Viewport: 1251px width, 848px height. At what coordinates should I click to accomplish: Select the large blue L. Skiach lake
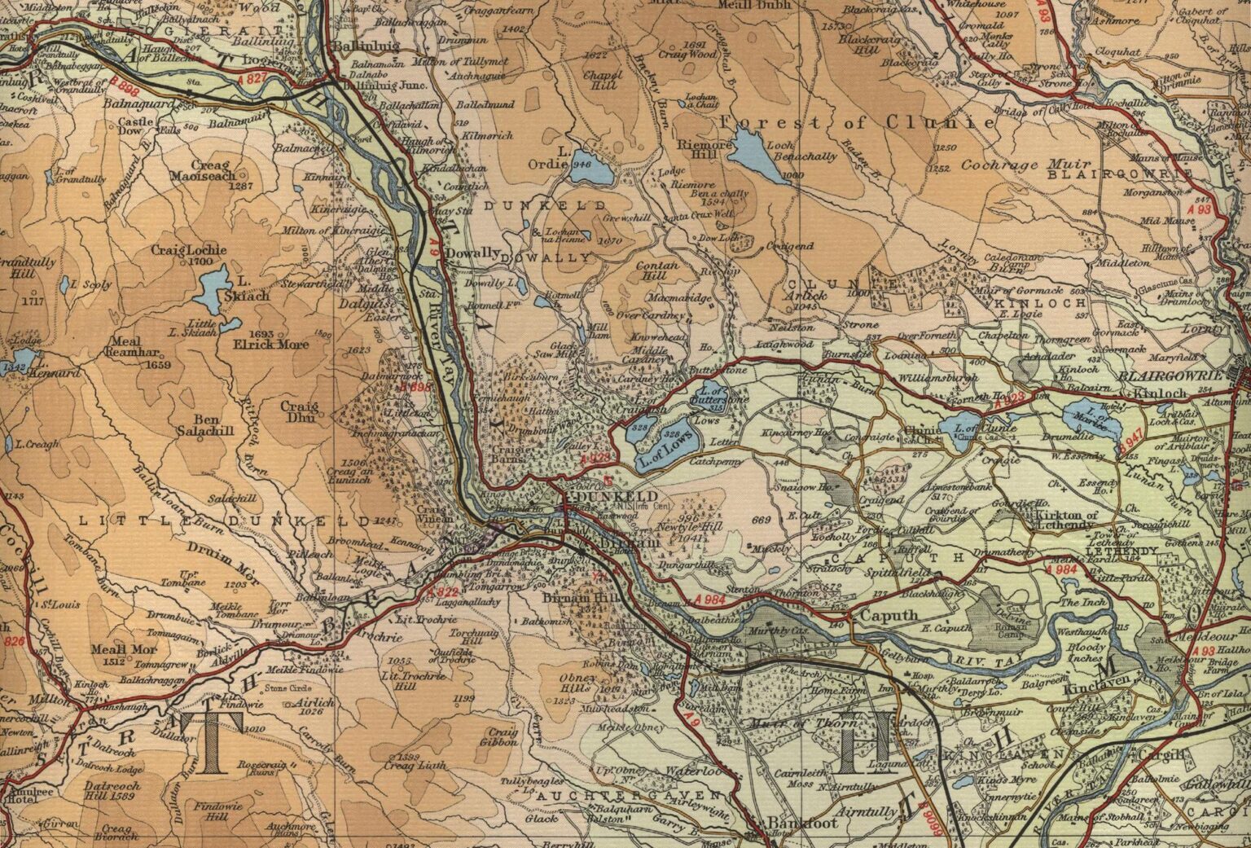(x=213, y=289)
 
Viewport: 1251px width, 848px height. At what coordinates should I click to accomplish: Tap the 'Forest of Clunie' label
(x=858, y=122)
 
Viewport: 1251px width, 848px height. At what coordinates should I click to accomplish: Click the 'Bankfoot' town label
(x=791, y=824)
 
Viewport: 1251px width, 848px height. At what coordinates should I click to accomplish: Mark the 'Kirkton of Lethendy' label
(x=1066, y=521)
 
